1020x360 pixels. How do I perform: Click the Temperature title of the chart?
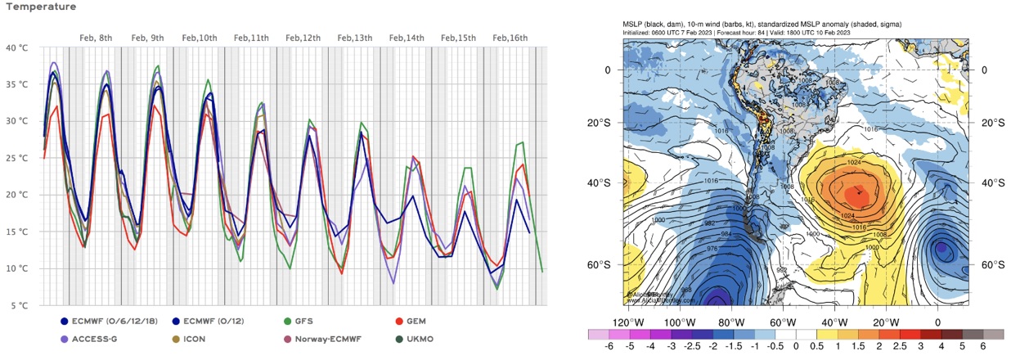pyautogui.click(x=38, y=7)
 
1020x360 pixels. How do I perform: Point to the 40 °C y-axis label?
pyautogui.click(x=16, y=47)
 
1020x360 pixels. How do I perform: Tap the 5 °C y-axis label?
pyautogui.click(x=18, y=306)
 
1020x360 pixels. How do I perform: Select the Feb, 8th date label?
pyautogui.click(x=96, y=38)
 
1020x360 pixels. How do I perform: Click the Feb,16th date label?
pyautogui.click(x=510, y=38)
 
